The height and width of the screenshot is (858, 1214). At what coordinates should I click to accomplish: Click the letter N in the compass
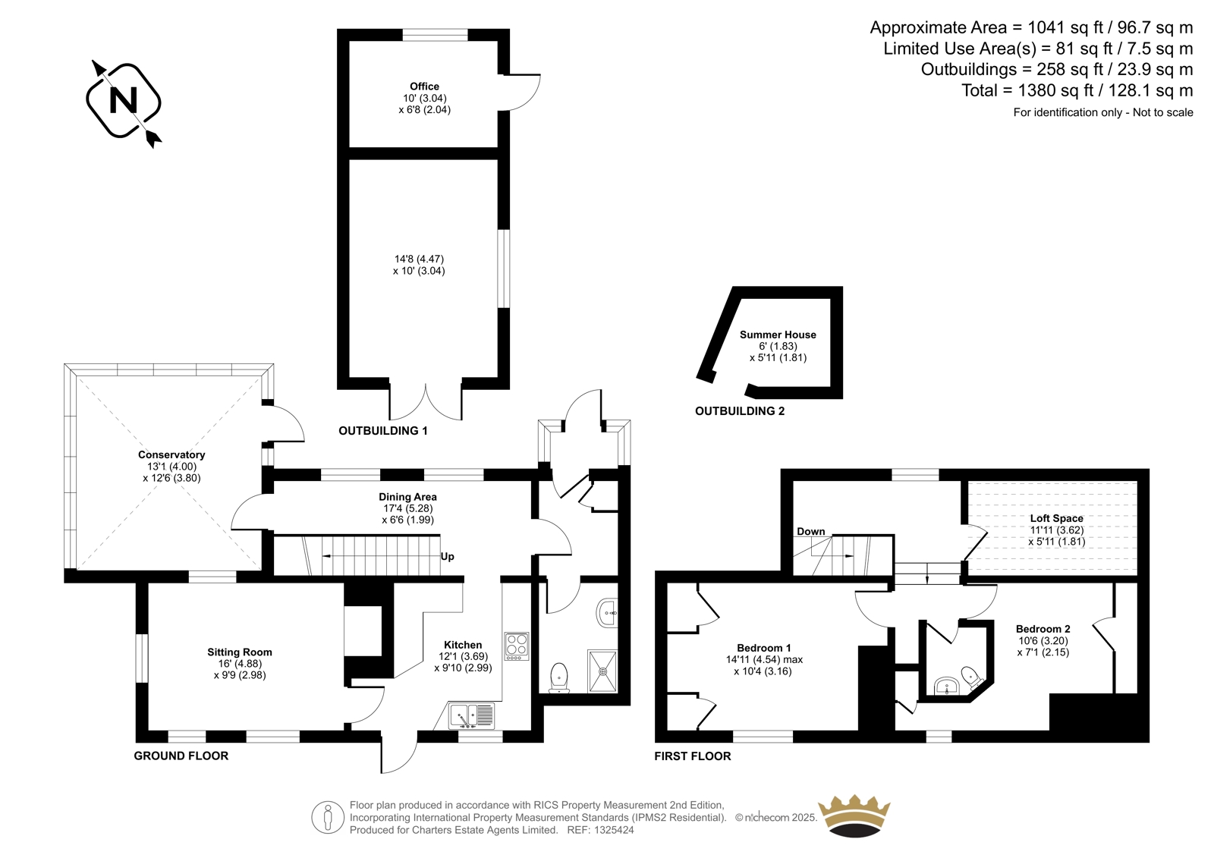click(x=123, y=101)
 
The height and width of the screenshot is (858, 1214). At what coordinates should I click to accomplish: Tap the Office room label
click(x=424, y=86)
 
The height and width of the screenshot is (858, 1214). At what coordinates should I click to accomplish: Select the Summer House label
click(x=778, y=335)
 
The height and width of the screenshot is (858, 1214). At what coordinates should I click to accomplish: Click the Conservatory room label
click(x=171, y=454)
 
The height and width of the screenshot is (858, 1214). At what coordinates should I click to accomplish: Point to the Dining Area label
click(x=407, y=496)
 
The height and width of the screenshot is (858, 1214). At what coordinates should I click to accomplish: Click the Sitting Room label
click(x=240, y=652)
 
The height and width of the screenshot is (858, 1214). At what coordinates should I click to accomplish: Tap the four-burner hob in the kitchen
click(x=517, y=646)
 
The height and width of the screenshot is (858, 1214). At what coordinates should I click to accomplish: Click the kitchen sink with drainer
click(x=471, y=715)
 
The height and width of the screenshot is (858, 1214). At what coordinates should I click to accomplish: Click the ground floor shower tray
click(x=602, y=671)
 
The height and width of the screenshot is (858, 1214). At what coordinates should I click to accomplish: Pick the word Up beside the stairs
click(x=447, y=557)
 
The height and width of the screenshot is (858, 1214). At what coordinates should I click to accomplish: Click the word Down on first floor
click(x=811, y=531)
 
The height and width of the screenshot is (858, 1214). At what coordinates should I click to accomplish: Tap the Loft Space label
click(x=1057, y=518)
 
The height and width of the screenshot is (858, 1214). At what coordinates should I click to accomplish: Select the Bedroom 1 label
click(x=763, y=648)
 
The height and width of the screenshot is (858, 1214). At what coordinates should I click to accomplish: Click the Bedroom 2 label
click(x=1043, y=629)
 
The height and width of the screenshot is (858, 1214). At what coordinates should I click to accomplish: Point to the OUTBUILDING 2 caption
click(x=740, y=411)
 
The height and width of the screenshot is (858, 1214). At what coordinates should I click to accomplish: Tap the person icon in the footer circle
click(x=327, y=817)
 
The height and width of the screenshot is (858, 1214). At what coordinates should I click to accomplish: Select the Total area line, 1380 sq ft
click(x=1077, y=90)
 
